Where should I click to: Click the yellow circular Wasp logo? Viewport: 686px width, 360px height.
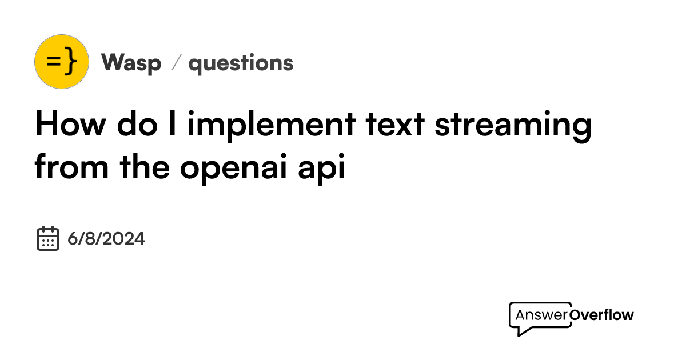[x=62, y=62]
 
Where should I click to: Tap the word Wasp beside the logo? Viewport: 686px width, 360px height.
[x=131, y=63]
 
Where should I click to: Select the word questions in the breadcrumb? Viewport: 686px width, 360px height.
[x=241, y=63]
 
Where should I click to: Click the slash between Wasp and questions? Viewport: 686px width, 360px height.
[x=176, y=63]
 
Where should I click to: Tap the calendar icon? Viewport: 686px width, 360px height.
[x=48, y=238]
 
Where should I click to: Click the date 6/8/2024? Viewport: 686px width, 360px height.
[x=106, y=238]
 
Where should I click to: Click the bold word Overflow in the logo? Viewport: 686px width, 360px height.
[x=602, y=315]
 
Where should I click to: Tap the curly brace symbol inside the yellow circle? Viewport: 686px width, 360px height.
[x=70, y=62]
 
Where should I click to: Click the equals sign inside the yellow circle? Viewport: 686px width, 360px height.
[x=53, y=61]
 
